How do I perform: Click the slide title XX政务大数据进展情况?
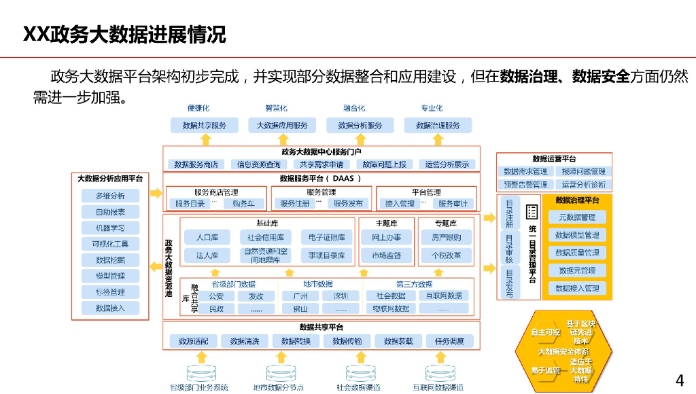tap(124, 35)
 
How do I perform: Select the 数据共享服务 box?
tap(205, 126)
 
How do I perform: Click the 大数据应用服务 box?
tap(282, 126)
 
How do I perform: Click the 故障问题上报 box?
tap(384, 164)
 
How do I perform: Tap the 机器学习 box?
tap(110, 228)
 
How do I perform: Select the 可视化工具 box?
tap(110, 244)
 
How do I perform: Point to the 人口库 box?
tap(207, 237)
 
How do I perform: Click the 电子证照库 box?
tap(327, 237)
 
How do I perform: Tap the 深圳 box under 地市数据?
tap(341, 295)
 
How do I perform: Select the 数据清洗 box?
tap(245, 341)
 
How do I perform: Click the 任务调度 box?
tap(449, 341)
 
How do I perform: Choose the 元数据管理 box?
tap(577, 217)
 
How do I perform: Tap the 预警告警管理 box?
tap(525, 184)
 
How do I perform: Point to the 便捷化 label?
tap(198, 108)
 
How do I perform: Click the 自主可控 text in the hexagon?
tap(545, 332)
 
